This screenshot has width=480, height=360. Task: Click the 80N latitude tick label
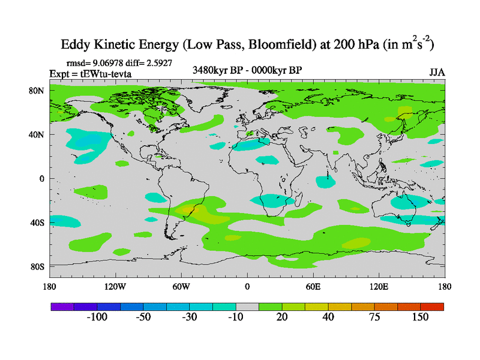click(x=37, y=91)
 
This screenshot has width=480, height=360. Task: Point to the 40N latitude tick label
click(x=37, y=134)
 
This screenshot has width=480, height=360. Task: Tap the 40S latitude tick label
click(x=37, y=223)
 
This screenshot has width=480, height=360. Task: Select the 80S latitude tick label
click(x=37, y=266)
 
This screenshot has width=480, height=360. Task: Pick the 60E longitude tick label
click(x=313, y=286)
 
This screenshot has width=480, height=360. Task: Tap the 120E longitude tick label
click(x=379, y=286)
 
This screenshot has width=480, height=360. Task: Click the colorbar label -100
click(x=96, y=317)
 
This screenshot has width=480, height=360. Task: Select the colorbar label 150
click(x=421, y=317)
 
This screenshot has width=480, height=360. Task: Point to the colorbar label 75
click(x=374, y=317)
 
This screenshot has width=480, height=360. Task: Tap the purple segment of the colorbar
click(x=62, y=307)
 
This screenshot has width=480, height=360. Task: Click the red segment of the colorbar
click(x=432, y=307)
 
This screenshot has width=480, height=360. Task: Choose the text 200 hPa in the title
click(x=354, y=44)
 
